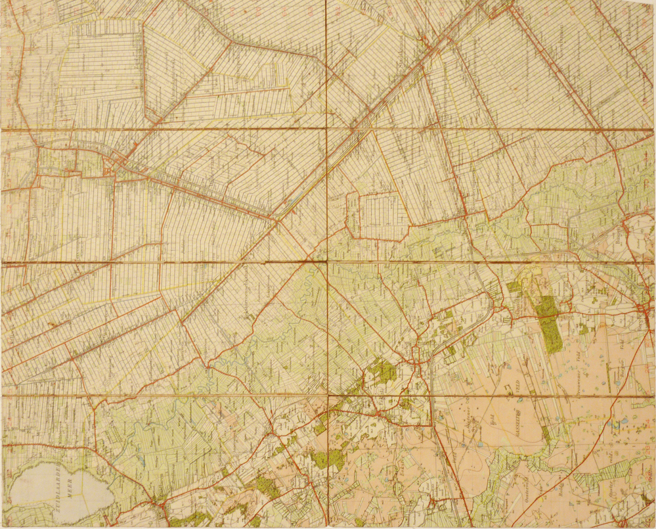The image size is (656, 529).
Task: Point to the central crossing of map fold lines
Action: (327, 262)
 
